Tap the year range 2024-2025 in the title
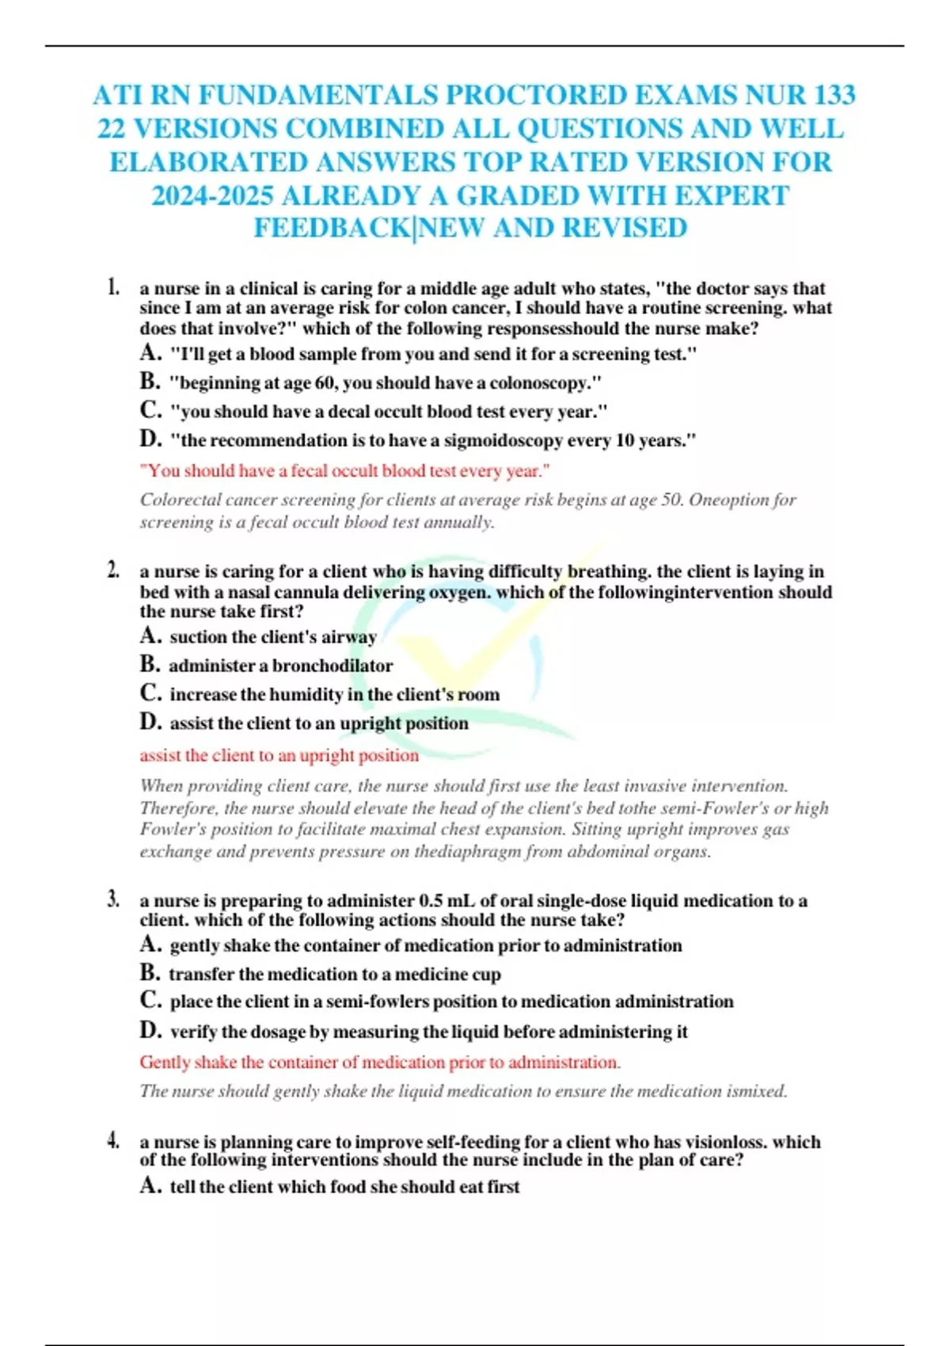click(213, 195)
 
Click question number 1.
click(113, 287)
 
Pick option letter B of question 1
click(150, 382)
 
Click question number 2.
click(113, 570)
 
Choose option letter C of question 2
click(150, 694)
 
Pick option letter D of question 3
click(150, 1030)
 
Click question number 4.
click(113, 1141)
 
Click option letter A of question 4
click(150, 1185)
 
